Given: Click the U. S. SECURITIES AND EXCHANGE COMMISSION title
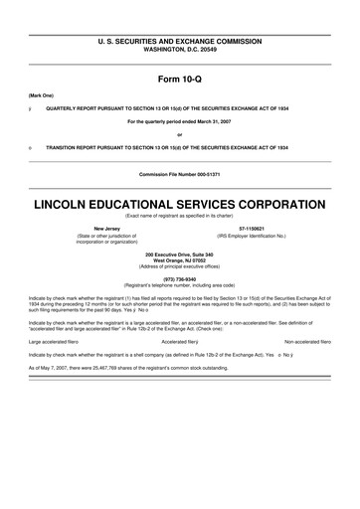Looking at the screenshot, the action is click(179, 41).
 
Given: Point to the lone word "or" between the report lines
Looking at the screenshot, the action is click(179, 134).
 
